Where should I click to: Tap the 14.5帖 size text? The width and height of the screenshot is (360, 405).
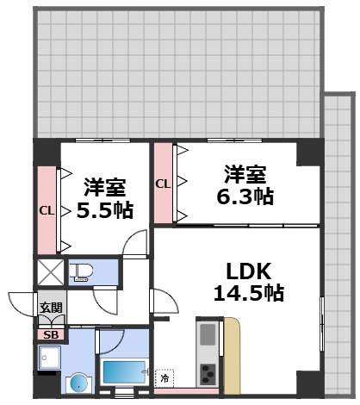point(249,293)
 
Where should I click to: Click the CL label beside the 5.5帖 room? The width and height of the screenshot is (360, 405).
point(46,209)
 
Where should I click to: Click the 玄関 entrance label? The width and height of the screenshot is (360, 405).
point(49,308)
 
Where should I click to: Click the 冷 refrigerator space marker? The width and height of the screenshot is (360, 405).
point(164,377)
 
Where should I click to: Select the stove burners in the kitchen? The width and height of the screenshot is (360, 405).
point(209,373)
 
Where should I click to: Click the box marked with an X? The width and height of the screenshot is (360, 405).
point(49,273)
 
